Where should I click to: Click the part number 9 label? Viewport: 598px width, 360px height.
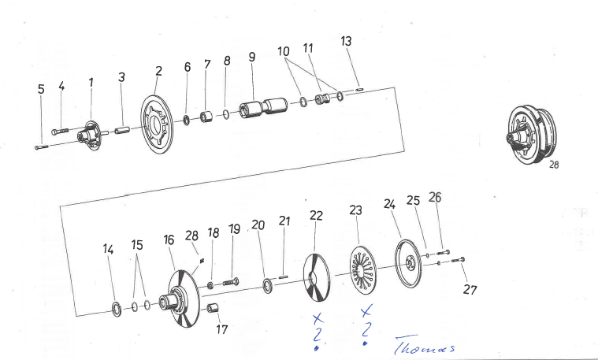(251, 58)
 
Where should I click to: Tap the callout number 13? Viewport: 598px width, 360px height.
(346, 41)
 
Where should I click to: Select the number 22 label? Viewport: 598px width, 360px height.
(317, 215)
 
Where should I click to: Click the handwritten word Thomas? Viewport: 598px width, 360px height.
(425, 347)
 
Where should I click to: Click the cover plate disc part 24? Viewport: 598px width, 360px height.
(409, 259)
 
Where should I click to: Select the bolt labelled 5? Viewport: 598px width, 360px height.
(42, 147)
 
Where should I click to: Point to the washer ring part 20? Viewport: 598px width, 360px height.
(265, 284)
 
